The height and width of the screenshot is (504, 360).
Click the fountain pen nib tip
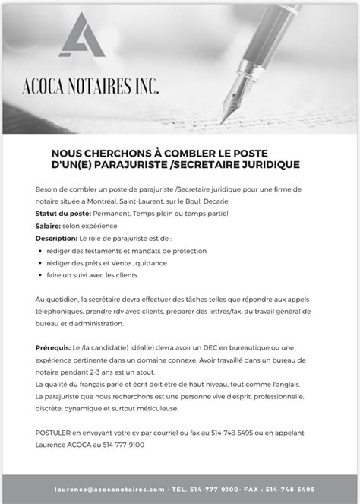coord(221,121)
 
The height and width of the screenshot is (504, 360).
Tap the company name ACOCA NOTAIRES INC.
coord(90,90)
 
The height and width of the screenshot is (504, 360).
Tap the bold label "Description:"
coord(57,237)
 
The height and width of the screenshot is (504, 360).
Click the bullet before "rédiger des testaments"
coord(39,250)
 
